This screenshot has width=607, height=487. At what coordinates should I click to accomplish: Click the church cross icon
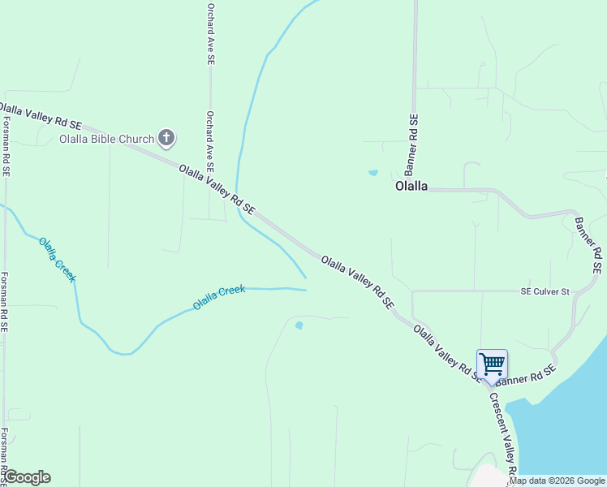tap(166, 137)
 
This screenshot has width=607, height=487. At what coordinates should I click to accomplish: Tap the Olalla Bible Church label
tap(106, 139)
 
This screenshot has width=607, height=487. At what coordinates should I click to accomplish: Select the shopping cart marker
tap(492, 364)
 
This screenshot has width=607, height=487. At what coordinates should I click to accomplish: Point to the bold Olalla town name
tap(411, 186)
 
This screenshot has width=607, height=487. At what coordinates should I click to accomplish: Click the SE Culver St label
tap(545, 291)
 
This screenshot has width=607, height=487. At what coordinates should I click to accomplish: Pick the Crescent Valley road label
tap(503, 433)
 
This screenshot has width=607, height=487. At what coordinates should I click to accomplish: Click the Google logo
tap(26, 477)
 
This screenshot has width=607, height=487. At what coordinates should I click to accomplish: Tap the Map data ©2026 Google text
tap(557, 481)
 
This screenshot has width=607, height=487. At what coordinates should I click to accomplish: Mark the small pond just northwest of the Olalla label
tap(373, 173)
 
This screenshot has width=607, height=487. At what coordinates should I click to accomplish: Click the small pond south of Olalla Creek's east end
tap(299, 325)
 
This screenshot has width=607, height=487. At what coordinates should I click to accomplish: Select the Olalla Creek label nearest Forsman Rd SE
tap(58, 259)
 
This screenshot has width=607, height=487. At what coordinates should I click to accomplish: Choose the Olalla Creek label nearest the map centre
tap(218, 297)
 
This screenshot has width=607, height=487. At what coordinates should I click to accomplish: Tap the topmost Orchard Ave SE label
tap(210, 32)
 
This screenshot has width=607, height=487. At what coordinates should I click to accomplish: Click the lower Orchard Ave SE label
tap(210, 140)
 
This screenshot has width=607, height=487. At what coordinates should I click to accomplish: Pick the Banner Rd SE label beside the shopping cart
tap(527, 374)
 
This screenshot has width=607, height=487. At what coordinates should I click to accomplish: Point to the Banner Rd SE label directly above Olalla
tap(412, 144)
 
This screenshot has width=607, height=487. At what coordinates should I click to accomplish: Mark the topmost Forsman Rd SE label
tap(6, 147)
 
